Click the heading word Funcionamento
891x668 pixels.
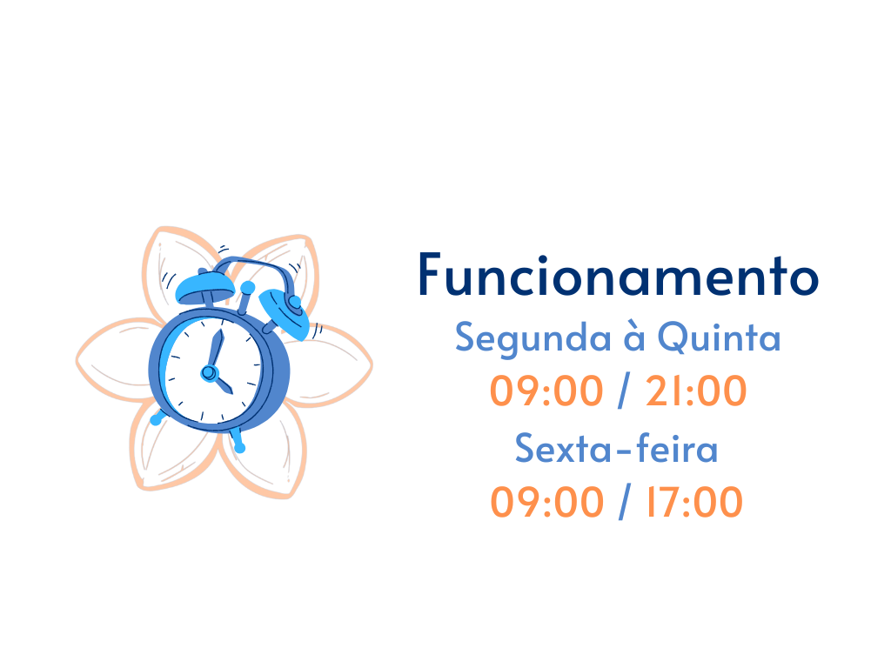pos(619,276)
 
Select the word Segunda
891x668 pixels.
pos(533,338)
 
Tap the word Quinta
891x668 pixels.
pos(719,337)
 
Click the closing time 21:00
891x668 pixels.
pos(696,391)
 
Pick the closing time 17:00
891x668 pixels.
pos(694,502)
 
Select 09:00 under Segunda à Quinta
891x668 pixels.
pos(546,391)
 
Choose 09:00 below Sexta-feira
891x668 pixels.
pos(546,502)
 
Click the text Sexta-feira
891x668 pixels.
pos(617,448)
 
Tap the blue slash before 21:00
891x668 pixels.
pos(624,391)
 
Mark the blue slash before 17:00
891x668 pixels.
pos(625,502)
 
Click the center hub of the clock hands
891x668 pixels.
pos(209,373)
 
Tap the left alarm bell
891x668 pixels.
pos(204,287)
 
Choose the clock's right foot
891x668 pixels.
pos(238,441)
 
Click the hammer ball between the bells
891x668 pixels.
pos(248,287)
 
